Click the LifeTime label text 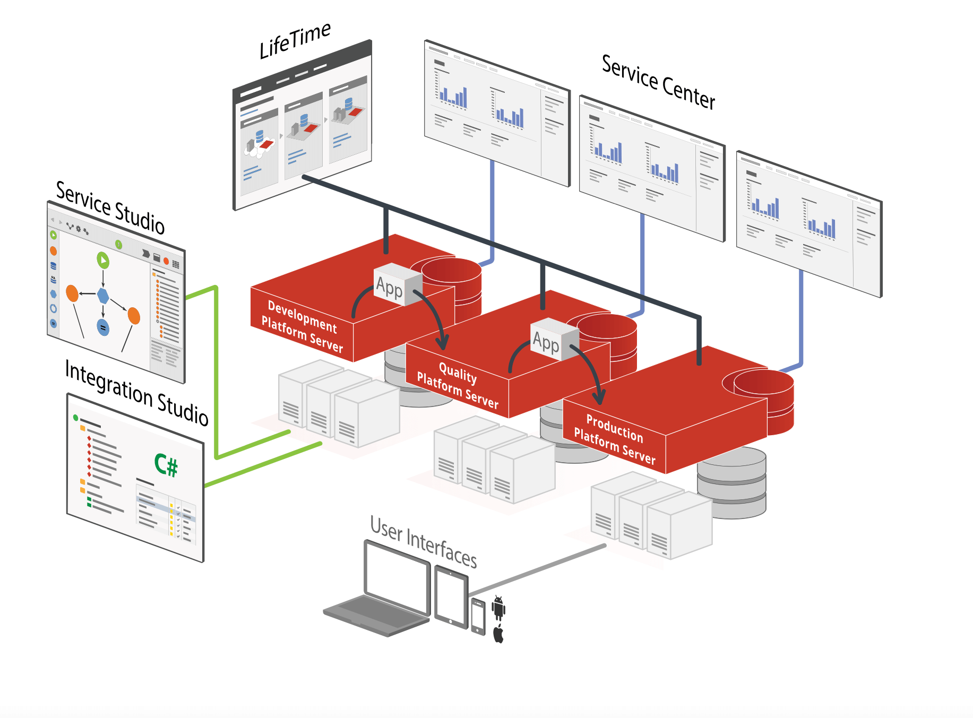pos(295,40)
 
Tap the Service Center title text pos(658,83)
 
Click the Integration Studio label pos(136,393)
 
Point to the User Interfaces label pos(423,542)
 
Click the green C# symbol pos(166,465)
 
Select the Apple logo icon pos(498,634)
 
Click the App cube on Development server pos(393,286)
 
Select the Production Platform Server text pos(615,440)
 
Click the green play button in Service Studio pos(103,260)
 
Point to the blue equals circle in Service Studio pos(104,327)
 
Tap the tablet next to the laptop pos(451,596)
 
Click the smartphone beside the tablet pos(478,616)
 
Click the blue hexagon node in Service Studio pos(103,296)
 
